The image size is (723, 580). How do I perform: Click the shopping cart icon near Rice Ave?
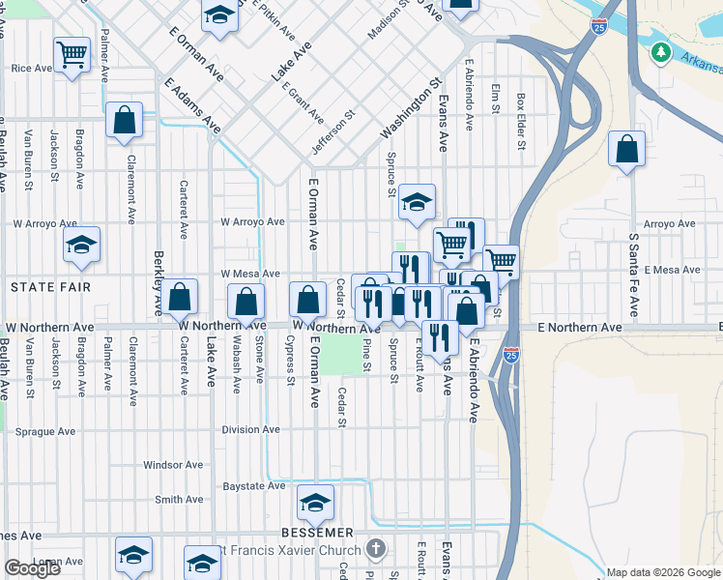click(72, 54)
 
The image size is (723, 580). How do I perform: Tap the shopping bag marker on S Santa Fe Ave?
click(627, 150)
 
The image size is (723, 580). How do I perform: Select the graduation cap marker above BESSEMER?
click(315, 503)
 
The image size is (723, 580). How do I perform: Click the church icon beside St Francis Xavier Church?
click(377, 550)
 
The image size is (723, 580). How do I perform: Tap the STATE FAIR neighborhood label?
click(50, 287)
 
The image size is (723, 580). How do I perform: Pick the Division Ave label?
click(250, 430)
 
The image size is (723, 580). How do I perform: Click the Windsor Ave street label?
click(173, 465)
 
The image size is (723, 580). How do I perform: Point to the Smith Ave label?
click(179, 500)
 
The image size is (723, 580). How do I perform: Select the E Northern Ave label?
click(580, 328)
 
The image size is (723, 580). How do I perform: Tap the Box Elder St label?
click(520, 122)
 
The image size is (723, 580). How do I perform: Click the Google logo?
click(33, 568)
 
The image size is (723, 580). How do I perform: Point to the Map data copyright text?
click(662, 572)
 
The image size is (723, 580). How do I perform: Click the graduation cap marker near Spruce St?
click(418, 202)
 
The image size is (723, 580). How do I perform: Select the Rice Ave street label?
click(31, 69)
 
